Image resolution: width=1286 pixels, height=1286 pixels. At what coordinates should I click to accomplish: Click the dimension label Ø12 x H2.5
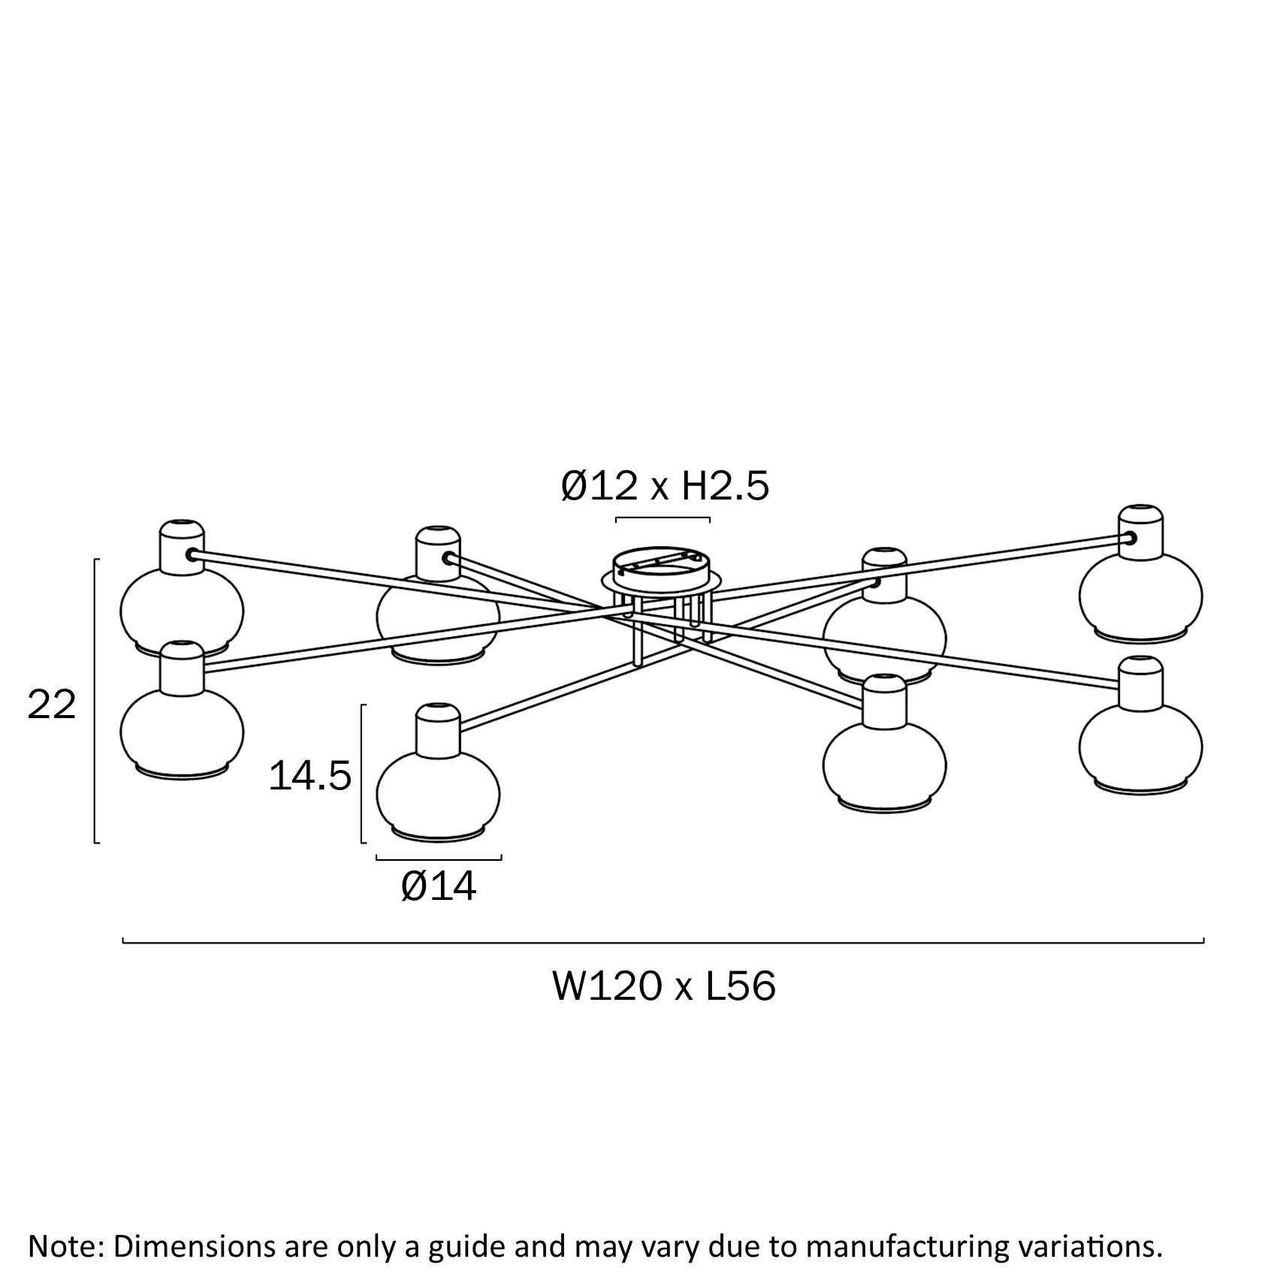pyautogui.click(x=665, y=487)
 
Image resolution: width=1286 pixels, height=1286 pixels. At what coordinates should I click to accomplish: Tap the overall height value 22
pyautogui.click(x=52, y=705)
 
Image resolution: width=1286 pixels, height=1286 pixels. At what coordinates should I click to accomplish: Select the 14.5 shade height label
pyautogui.click(x=309, y=775)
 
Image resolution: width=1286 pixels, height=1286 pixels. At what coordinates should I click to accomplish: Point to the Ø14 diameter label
pyautogui.click(x=439, y=887)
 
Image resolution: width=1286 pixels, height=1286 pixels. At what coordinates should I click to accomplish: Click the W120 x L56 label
pyautogui.click(x=664, y=986)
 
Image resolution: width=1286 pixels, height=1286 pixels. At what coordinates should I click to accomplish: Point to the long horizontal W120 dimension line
pyautogui.click(x=663, y=940)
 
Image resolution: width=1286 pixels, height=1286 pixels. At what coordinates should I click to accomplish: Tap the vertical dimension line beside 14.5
pyautogui.click(x=362, y=774)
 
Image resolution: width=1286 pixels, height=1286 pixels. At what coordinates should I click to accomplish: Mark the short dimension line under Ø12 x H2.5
pyautogui.click(x=663, y=518)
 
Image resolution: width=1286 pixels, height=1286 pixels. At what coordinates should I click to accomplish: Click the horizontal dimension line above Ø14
pyautogui.click(x=439, y=858)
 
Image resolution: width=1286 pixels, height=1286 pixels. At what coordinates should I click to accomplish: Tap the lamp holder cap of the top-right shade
pyautogui.click(x=1140, y=532)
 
